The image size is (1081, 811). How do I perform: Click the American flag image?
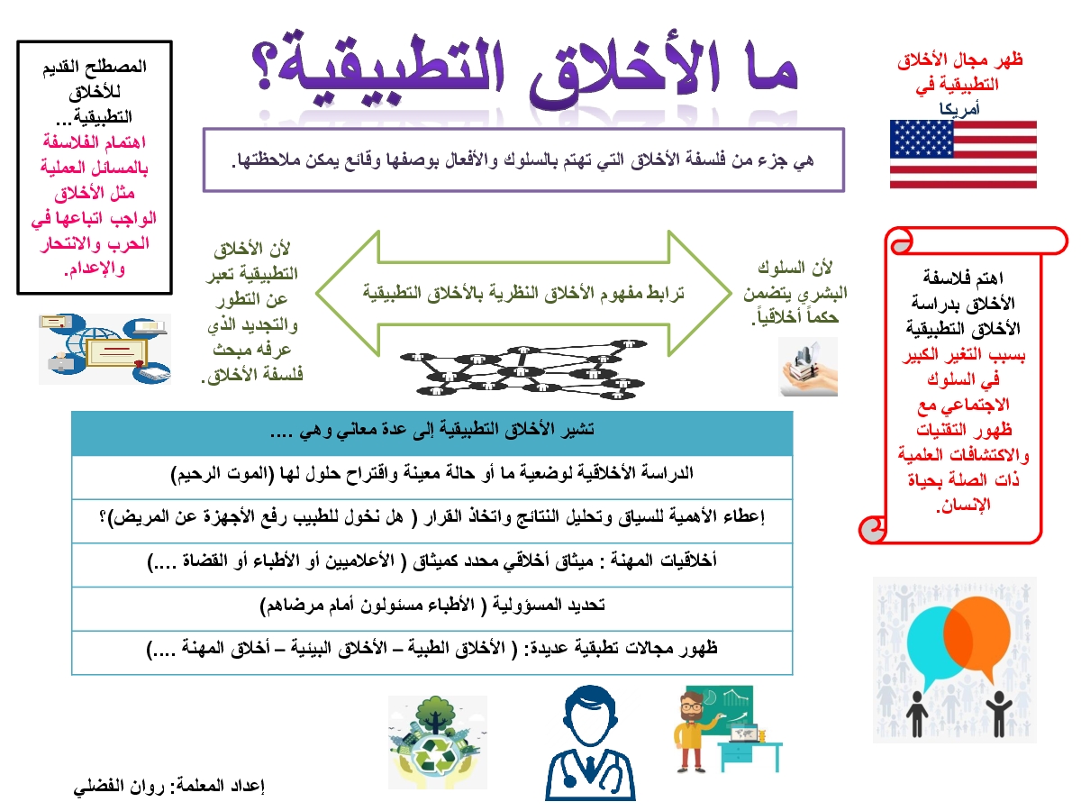[963, 154]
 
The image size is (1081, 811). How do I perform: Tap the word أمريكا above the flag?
[958, 109]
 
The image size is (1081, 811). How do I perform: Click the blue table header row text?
[431, 430]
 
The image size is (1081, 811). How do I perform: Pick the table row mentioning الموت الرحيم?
[431, 474]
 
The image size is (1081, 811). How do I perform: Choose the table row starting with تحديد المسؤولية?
[432, 606]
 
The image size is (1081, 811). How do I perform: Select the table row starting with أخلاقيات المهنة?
[431, 561]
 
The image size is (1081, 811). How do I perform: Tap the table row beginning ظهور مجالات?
[431, 649]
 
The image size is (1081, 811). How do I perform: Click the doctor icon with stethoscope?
[590, 743]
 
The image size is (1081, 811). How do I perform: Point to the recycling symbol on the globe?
[435, 759]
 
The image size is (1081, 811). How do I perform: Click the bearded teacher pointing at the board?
[694, 730]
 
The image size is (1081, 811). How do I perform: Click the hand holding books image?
[808, 367]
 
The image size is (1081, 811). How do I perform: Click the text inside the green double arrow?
[523, 294]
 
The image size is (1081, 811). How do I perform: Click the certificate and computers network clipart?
[104, 349]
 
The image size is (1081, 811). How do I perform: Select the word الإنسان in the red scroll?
[963, 506]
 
